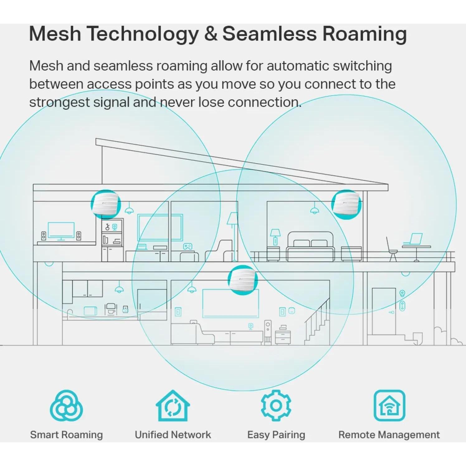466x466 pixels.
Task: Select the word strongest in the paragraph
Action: [59, 102]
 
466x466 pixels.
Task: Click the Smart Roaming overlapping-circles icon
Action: [66, 406]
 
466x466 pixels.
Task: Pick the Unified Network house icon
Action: [173, 406]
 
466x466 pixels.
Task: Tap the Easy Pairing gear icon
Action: [276, 406]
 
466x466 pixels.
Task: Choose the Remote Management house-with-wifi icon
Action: [389, 406]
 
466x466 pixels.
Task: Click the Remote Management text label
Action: [389, 435]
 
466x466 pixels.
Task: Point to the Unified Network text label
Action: [173, 435]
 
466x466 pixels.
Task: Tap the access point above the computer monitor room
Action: [106, 204]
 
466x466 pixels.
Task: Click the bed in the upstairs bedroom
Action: [310, 246]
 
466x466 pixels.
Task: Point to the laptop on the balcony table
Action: [413, 240]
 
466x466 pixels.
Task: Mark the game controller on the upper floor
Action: [188, 247]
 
